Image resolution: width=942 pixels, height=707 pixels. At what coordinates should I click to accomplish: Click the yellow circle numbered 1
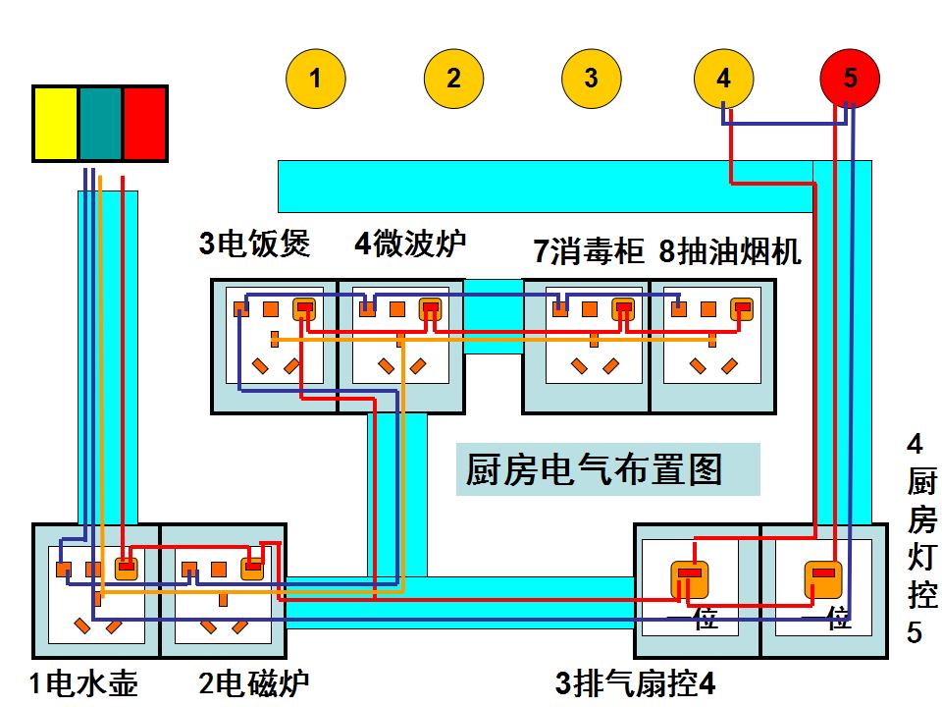(315, 79)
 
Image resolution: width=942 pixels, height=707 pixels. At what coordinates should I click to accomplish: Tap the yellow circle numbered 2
(453, 79)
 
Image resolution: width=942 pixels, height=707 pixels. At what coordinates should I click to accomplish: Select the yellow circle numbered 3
(591, 79)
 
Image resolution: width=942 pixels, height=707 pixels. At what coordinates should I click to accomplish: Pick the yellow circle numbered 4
(724, 79)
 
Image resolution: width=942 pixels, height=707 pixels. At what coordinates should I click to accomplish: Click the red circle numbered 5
(850, 79)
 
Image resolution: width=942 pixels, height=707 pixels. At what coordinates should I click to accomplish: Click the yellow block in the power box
(56, 124)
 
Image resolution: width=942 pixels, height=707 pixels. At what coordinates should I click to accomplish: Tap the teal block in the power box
(100, 124)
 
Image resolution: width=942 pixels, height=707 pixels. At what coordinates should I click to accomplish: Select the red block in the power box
(144, 124)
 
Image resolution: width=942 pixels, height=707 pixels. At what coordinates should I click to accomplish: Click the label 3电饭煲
(255, 244)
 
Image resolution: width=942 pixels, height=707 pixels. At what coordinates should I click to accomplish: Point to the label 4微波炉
(410, 244)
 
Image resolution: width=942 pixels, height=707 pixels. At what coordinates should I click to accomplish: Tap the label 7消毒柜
(588, 251)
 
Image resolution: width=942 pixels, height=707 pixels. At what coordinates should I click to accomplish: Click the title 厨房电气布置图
(595, 470)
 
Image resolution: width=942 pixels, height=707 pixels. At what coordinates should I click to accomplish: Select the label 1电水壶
(83, 682)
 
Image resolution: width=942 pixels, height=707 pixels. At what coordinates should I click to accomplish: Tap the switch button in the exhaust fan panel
(691, 578)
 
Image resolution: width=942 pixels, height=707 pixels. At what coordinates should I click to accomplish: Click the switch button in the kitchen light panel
(823, 578)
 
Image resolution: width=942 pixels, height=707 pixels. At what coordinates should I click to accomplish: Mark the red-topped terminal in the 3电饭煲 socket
(304, 309)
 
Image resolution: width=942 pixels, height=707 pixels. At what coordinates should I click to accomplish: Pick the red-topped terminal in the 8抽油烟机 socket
(742, 309)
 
